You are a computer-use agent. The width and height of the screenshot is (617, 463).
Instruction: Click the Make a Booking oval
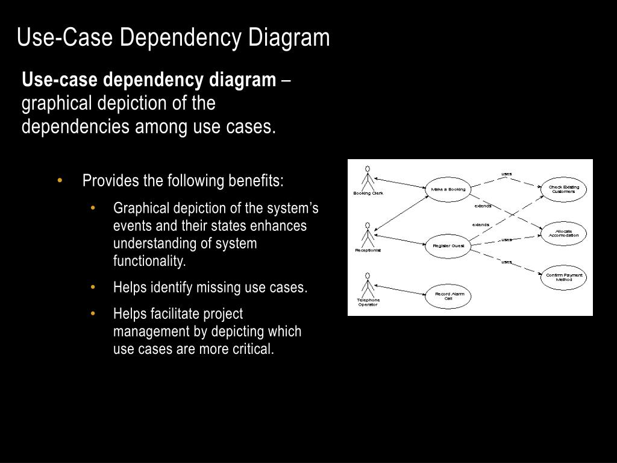pos(448,189)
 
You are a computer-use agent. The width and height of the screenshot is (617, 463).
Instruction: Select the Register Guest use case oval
pos(448,246)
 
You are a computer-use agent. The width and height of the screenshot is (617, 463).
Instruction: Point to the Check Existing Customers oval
pos(563,189)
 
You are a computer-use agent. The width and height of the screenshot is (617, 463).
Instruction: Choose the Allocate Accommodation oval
pos(563,234)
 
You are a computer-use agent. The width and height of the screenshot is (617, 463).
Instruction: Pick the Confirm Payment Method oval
pos(563,277)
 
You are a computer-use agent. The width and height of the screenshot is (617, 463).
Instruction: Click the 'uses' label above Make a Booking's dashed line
pos(506,174)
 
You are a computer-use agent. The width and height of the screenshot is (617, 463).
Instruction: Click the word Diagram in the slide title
pos(295,37)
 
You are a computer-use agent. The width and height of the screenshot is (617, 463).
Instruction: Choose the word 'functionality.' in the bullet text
pos(149,261)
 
